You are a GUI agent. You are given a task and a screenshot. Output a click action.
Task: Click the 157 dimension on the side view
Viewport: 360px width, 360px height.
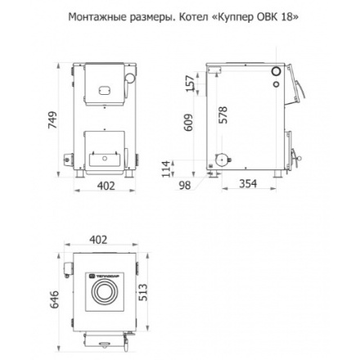[x=190, y=83]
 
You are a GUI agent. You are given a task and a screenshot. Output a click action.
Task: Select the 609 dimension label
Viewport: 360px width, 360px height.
[x=190, y=122]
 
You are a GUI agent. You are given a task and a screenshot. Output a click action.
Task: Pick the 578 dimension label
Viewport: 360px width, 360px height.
[x=223, y=115]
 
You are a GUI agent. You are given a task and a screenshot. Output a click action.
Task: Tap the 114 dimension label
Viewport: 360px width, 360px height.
[x=190, y=167]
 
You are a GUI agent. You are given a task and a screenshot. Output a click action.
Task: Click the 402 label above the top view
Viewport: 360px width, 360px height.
[x=98, y=239]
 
